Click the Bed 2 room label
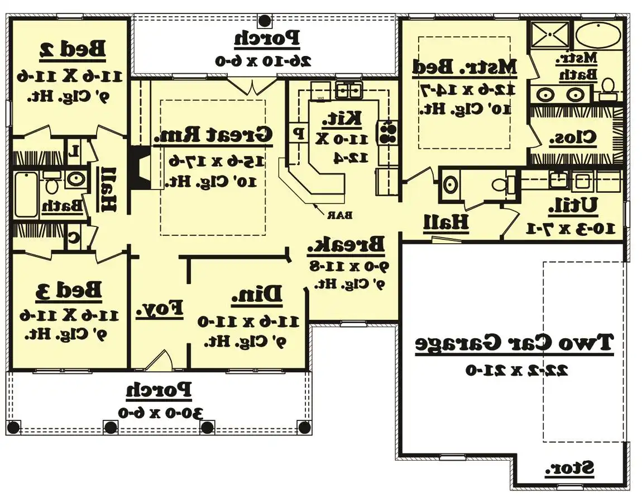click(x=73, y=49)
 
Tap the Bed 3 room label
click(x=70, y=291)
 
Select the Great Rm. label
click(x=213, y=135)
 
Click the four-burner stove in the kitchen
click(x=388, y=132)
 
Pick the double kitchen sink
click(x=349, y=89)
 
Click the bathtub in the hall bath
click(x=26, y=195)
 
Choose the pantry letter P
click(x=299, y=134)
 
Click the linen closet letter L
click(x=74, y=150)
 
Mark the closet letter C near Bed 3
click(x=73, y=236)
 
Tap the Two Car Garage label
click(x=514, y=343)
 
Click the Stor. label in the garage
click(x=570, y=468)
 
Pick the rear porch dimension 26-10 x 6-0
click(x=263, y=60)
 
